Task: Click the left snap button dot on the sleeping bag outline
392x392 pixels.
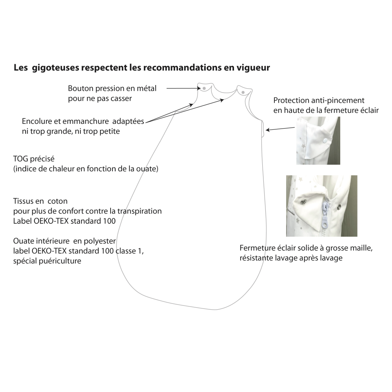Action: pos(204,88)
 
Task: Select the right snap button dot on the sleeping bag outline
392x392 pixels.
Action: pos(243,93)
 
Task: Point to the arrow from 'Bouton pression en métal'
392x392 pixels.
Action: pos(183,88)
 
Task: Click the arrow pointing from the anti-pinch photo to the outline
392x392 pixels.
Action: pos(280,129)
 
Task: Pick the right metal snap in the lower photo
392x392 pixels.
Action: pos(339,207)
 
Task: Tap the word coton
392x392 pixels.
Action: pos(58,201)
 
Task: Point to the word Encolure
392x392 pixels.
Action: pos(40,121)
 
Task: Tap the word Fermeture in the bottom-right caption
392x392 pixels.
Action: pos(257,248)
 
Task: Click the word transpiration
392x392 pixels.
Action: pos(140,212)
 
